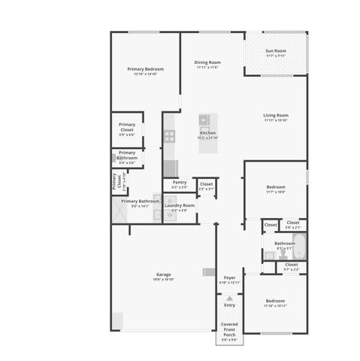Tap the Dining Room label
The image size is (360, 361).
pyautogui.click(x=207, y=64)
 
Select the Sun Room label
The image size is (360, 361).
pyautogui.click(x=275, y=53)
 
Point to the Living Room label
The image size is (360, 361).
pyautogui.click(x=276, y=117)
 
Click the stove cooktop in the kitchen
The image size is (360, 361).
pyautogui.click(x=170, y=136)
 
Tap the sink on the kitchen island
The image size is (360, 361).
pyautogui.click(x=204, y=120)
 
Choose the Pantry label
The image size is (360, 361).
pyautogui.click(x=180, y=184)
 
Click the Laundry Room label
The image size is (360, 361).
pyautogui.click(x=180, y=207)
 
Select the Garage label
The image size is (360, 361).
pyautogui.click(x=164, y=276)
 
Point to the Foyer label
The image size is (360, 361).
pyautogui.click(x=230, y=280)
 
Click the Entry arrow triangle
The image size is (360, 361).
pyautogui.click(x=229, y=298)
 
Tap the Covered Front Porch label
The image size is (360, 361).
pyautogui.click(x=229, y=331)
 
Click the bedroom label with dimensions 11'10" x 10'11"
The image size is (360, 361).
pyautogui.click(x=275, y=302)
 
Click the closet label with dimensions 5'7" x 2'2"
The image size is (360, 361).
pyautogui.click(x=292, y=265)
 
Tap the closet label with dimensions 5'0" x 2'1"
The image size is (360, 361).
pyautogui.click(x=292, y=223)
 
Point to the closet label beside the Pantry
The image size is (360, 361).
pyautogui.click(x=206, y=185)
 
